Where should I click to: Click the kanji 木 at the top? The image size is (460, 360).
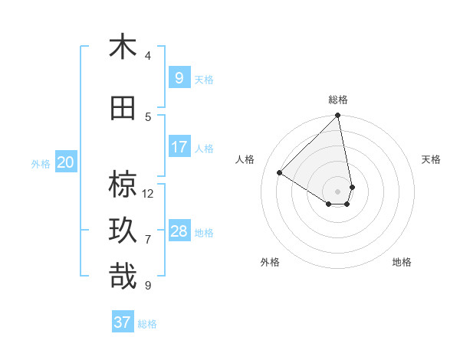123,47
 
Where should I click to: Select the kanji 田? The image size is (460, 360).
123,109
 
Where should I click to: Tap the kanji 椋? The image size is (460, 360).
123,185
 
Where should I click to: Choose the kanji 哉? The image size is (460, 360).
123,277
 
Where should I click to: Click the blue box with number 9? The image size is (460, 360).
179,77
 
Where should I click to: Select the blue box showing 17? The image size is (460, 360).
179,147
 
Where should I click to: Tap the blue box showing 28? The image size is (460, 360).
179,231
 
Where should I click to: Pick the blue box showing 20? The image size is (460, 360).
66,162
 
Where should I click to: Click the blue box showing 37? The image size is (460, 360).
123,322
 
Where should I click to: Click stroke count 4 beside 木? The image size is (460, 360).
148,55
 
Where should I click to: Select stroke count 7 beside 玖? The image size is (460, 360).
148,239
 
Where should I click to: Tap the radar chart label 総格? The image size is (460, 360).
338,100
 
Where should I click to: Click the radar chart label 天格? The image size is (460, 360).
432,159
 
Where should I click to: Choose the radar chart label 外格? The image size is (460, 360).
270,262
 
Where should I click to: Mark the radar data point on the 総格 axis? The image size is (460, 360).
338,116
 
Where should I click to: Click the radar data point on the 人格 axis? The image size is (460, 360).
280,173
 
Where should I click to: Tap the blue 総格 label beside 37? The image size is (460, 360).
148,324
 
